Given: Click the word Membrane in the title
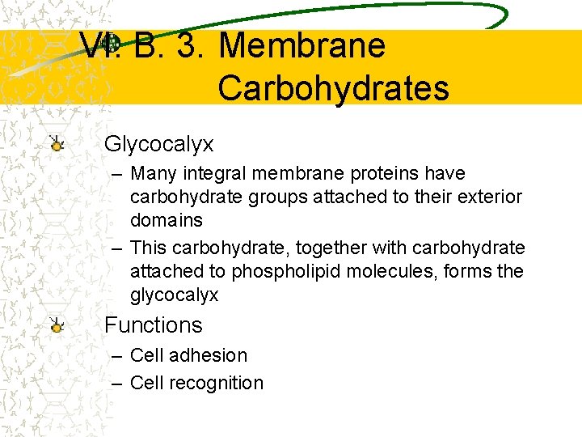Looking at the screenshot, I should [302, 45].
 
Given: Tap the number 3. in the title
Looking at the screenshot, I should [188, 45].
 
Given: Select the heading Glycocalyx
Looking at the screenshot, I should [159, 145].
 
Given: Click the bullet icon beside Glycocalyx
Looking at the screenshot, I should [57, 144].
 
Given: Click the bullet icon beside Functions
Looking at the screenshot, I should [57, 325].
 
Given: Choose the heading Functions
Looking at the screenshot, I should [153, 325].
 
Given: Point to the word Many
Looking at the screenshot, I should [154, 173].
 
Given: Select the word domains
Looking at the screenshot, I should [167, 220].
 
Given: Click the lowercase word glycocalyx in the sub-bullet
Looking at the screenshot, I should [174, 295].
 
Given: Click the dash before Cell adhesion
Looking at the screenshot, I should [117, 355].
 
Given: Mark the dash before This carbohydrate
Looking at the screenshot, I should [117, 248].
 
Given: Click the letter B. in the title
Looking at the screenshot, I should [150, 45].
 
